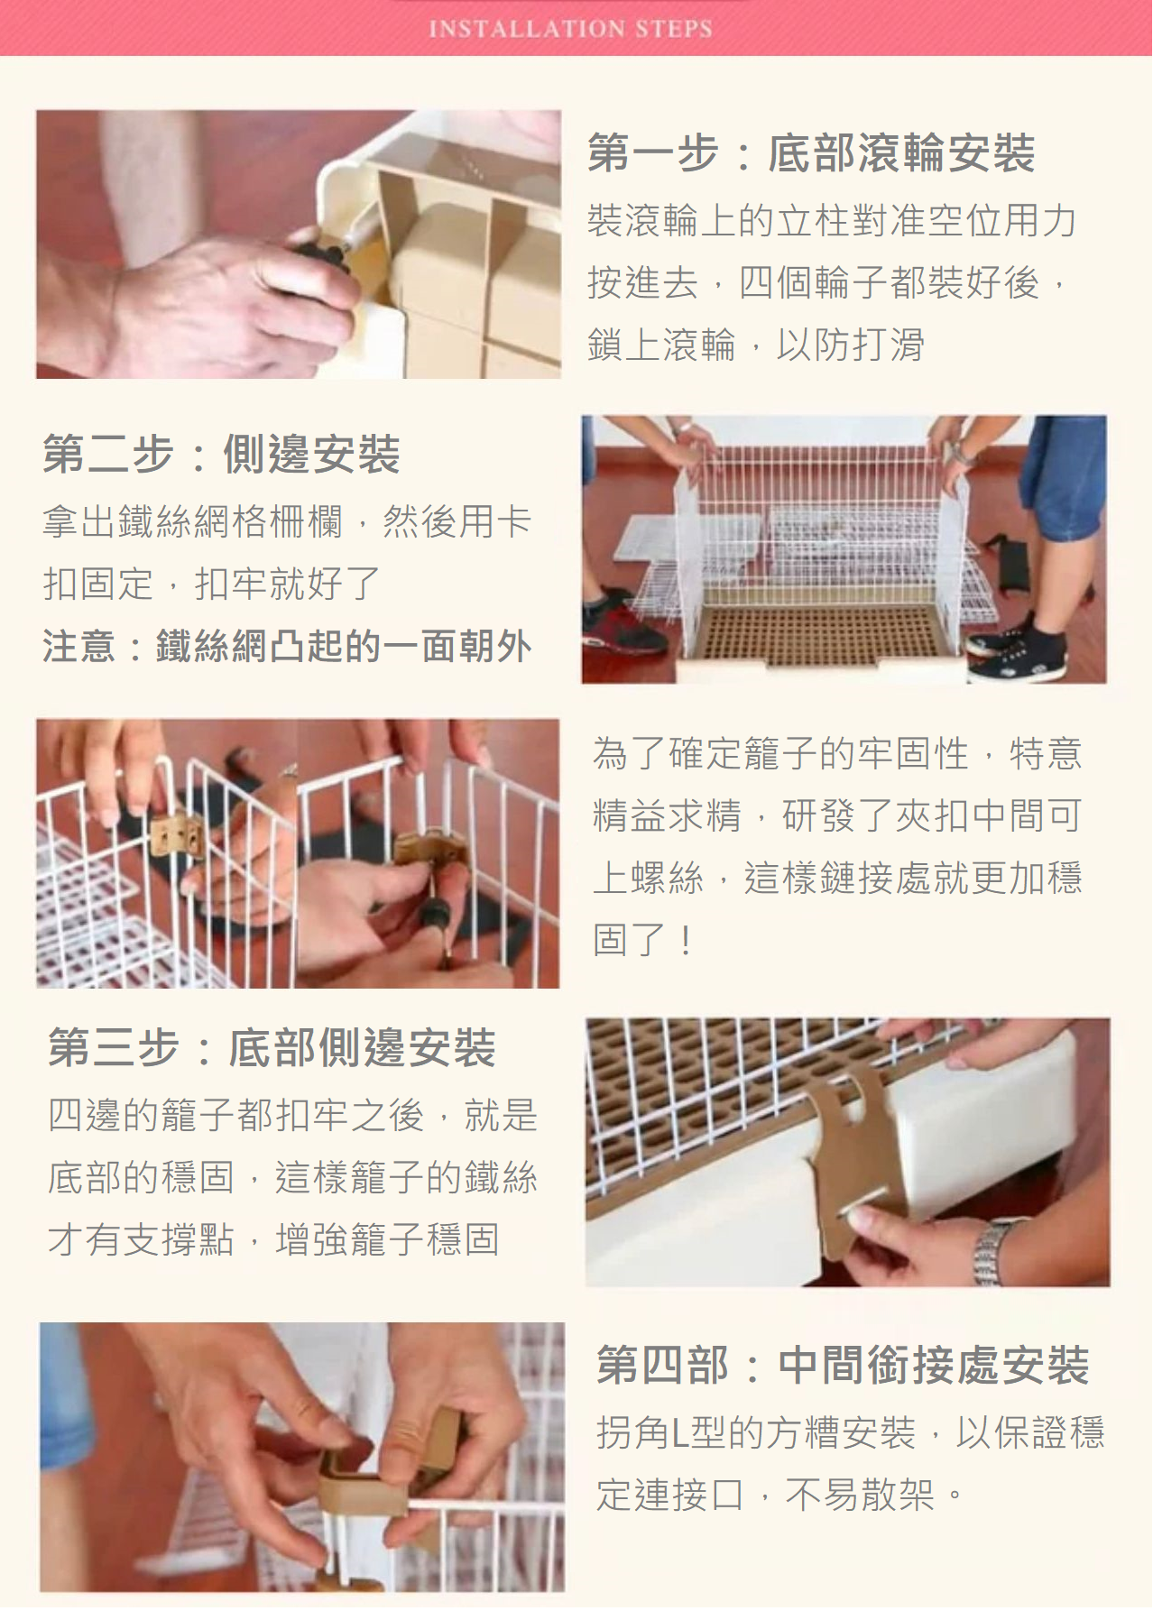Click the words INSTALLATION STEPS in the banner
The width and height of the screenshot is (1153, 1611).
click(x=570, y=29)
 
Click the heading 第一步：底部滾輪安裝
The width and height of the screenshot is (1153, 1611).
click(x=811, y=152)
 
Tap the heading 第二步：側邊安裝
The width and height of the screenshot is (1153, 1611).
click(x=221, y=454)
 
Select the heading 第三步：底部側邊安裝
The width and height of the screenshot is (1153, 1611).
click(x=272, y=1047)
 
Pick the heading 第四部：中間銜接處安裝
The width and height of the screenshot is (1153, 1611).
click(x=843, y=1364)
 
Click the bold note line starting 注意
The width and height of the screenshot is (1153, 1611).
click(x=287, y=647)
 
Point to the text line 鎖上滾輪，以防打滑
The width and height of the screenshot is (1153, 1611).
click(x=756, y=345)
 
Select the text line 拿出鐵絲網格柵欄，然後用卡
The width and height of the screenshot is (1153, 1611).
click(x=287, y=521)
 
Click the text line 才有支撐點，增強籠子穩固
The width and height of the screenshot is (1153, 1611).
click(x=273, y=1239)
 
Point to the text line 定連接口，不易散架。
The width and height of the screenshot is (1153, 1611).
click(x=780, y=1495)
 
